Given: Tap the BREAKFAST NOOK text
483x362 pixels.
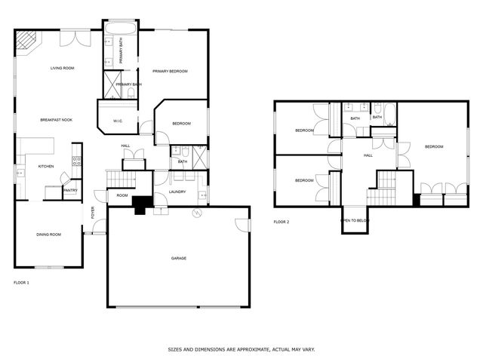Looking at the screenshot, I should coord(56,120).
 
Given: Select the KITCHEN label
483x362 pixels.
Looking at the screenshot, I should coord(46,166).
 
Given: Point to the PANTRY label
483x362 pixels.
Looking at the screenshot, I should coord(70,190).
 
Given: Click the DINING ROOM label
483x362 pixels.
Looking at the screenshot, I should coord(48,235).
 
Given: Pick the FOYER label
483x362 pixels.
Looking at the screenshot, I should coord(94,213).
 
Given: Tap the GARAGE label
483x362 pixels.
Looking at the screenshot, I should coord(178,258).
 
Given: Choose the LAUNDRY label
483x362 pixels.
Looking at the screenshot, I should coord(177,192).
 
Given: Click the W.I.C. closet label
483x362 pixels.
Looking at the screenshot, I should coord(118,121).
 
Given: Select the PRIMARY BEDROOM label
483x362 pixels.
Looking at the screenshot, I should coord(169,72).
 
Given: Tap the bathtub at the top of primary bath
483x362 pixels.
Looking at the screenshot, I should coord(119,30).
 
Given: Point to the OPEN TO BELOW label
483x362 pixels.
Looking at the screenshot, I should coord(355,220).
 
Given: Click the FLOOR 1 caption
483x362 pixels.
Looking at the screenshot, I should coord(21,282).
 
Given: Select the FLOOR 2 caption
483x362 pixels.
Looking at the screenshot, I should coord(281,222).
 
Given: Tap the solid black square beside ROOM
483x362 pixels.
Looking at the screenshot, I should coord(140,204).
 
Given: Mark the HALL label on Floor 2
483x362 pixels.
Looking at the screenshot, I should coord(368,155).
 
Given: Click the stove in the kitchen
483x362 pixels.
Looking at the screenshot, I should coord(75,160).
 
